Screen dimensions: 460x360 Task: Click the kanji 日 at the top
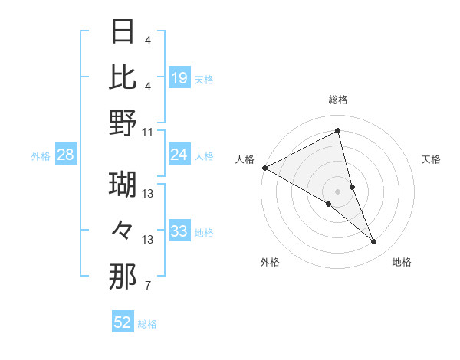123,31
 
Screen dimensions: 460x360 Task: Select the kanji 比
123,77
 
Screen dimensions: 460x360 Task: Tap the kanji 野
123,123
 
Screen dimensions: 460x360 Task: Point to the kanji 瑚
123,185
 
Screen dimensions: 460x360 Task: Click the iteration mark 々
123,231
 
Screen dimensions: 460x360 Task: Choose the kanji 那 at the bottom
123,277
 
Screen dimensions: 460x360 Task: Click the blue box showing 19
179,77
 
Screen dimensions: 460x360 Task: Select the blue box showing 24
179,155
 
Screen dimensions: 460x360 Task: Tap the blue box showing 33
179,231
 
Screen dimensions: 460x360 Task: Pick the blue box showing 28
66,155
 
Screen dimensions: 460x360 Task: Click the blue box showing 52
123,322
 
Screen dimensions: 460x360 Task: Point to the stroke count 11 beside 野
148,132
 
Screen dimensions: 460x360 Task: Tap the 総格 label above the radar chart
337,100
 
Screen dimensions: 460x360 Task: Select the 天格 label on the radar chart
432,159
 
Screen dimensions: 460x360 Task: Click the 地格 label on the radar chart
402,262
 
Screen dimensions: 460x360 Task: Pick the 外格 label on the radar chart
270,262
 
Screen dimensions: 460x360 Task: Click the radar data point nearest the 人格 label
264,167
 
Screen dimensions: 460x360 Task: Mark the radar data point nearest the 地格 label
374,242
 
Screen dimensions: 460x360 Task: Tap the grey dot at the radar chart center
337,191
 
